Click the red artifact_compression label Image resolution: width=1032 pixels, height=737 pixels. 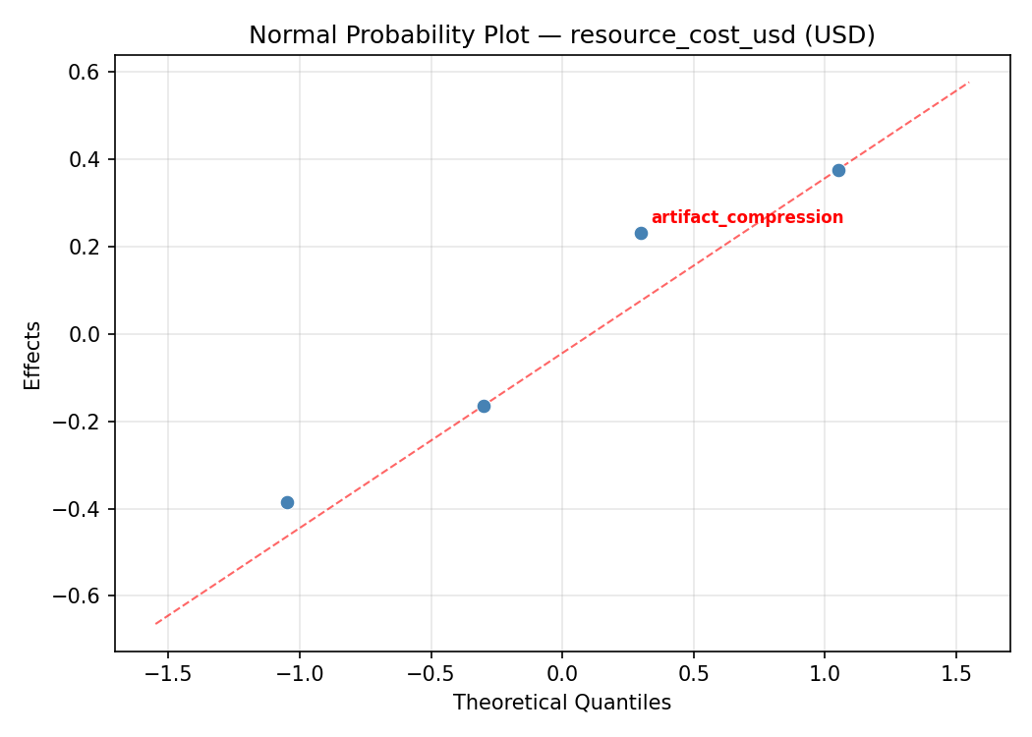pos(747,217)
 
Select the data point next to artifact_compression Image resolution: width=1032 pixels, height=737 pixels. pos(641,233)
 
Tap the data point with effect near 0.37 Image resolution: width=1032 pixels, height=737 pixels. pos(838,170)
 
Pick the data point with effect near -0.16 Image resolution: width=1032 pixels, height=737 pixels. pos(484,406)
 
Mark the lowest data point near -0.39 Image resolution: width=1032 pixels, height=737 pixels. pos(287,502)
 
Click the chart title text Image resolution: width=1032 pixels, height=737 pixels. pos(561,35)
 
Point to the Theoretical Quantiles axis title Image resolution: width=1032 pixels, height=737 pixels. pos(561,703)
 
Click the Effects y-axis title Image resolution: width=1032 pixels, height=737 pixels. pos(33,355)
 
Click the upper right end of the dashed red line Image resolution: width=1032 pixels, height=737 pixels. pos(968,83)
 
